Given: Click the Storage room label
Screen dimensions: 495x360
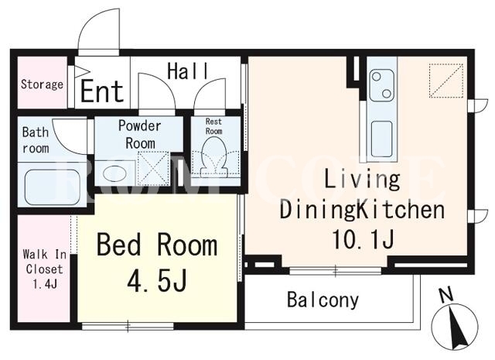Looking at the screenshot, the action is click(42, 84).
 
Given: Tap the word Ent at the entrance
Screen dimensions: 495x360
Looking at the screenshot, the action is click(102, 91).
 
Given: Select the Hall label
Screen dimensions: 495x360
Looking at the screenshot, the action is click(188, 71).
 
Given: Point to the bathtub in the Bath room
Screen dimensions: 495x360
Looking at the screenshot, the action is click(52, 187).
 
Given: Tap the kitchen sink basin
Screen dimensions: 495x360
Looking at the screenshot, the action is click(381, 139).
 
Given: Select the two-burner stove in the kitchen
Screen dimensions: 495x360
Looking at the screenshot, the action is click(381, 84).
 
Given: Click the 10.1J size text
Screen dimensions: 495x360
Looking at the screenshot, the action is click(363, 239).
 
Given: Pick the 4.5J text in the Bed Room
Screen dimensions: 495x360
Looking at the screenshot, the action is click(157, 280).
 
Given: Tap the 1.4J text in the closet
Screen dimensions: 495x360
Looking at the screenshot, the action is click(45, 284).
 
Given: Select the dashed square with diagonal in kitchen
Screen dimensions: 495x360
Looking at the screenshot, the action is click(445, 81).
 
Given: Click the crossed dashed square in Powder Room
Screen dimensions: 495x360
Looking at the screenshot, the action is click(153, 169).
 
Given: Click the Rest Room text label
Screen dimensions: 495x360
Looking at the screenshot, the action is click(213, 126).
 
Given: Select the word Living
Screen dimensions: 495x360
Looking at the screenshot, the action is click(362, 180).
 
